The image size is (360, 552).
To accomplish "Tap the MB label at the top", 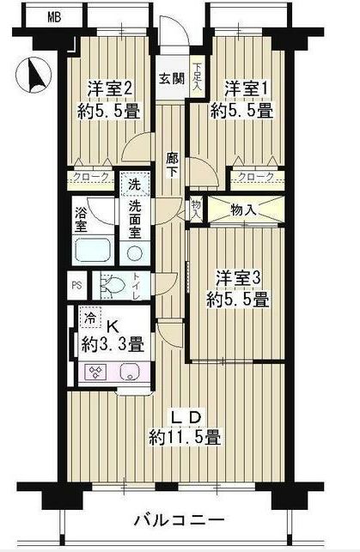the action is tap(54, 18).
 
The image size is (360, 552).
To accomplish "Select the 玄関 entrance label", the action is tap(172, 78).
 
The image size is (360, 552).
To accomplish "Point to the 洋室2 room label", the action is tap(110, 88).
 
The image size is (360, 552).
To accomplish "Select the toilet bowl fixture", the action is tap(113, 284).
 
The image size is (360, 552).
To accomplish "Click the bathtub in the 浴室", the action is tap(94, 250).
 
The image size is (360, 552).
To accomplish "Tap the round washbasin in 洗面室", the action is tap(134, 252).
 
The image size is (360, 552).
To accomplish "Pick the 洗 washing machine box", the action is tap(134, 184).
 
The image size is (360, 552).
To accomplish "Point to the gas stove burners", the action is tap(96, 373).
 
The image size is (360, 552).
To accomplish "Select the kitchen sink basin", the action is tap(131, 373).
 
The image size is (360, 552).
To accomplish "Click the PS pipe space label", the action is tap(76, 284).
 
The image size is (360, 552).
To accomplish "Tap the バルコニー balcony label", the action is tap(179, 520).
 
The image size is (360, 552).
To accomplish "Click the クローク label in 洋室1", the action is tap(255, 177).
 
